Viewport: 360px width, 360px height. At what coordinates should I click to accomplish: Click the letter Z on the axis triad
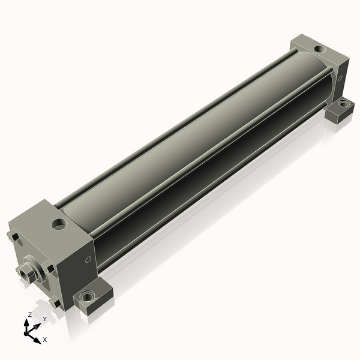click(29, 314)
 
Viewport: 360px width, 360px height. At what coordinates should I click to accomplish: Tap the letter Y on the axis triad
click(45, 319)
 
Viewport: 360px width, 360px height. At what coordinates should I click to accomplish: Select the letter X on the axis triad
click(45, 340)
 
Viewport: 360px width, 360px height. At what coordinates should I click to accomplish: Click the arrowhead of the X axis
click(37, 340)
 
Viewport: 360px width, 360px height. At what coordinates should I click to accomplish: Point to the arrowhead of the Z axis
click(26, 323)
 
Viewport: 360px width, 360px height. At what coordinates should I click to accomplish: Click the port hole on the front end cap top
click(59, 224)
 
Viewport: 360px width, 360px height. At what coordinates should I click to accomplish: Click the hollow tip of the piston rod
click(24, 273)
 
